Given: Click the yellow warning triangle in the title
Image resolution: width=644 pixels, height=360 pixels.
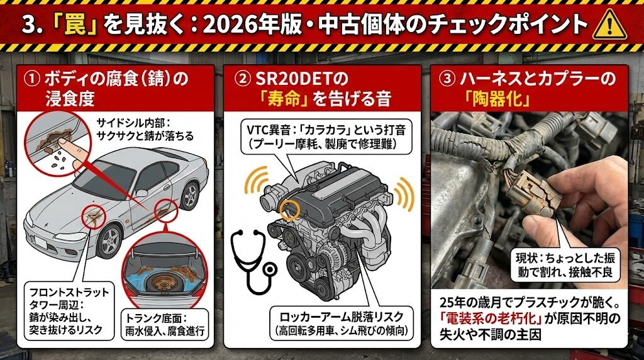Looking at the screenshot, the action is tap(610, 25).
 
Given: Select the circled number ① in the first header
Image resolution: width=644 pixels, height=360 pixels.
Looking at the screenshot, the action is tap(31, 78).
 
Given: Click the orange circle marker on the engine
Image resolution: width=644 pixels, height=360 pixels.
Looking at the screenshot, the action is tap(290, 209).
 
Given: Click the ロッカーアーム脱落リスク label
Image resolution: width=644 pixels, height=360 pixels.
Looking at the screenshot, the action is tap(341, 317).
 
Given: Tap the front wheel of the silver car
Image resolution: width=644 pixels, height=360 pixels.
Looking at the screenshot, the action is tap(110, 240).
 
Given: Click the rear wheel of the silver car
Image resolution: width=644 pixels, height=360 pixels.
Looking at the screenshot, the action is tap(190, 196).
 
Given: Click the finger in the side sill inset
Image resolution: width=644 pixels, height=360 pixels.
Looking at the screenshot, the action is tap(69, 150).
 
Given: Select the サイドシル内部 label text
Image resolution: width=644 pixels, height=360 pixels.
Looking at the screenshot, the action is tap(145, 129).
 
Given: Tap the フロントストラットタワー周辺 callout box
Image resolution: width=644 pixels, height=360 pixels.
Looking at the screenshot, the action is tap(69, 311).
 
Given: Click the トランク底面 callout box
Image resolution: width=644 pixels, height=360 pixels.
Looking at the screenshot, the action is tap(164, 324).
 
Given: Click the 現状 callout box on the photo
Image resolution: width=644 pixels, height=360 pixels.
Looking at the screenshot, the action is tap(565, 264).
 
